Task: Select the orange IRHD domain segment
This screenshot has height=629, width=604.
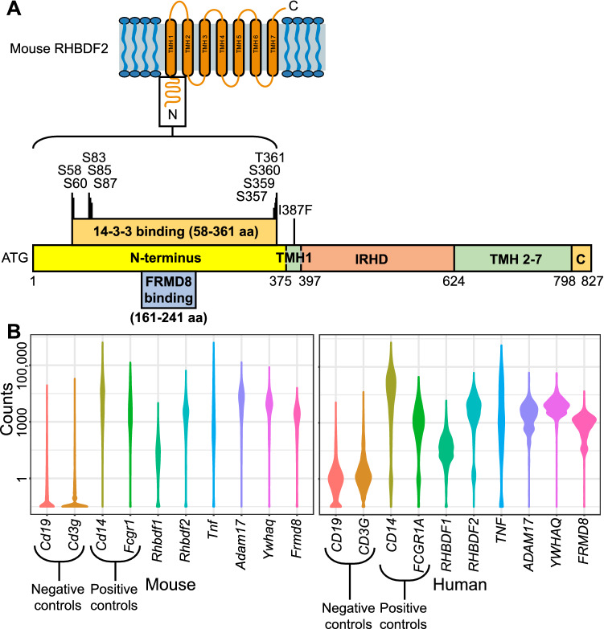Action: tap(377, 257)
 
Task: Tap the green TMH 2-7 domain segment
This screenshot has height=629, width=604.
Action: tap(512, 257)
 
